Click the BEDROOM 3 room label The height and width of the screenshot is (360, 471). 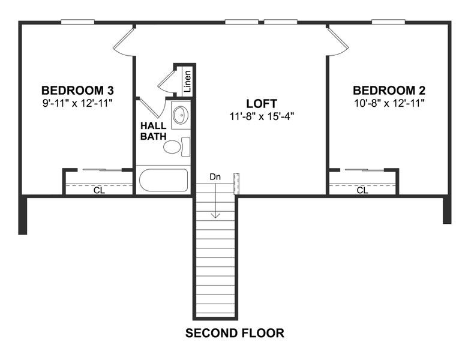[x=77, y=91]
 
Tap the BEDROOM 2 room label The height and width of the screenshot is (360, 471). [x=389, y=91]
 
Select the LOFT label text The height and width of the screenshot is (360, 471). [x=263, y=103]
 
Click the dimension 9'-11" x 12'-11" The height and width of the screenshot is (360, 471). [x=77, y=103]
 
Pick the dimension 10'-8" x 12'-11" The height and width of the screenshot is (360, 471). [x=389, y=103]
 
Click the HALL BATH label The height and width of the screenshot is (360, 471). [x=153, y=131]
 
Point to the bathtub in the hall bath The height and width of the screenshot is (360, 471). [x=163, y=180]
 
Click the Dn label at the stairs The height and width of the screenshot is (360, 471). [x=215, y=177]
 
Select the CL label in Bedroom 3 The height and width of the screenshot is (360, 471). [x=98, y=191]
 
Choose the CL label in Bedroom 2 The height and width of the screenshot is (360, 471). [x=362, y=191]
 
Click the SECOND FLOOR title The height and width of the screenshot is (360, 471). [x=235, y=333]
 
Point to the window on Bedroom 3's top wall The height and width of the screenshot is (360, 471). [x=78, y=22]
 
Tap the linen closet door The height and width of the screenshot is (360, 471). [x=166, y=83]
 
